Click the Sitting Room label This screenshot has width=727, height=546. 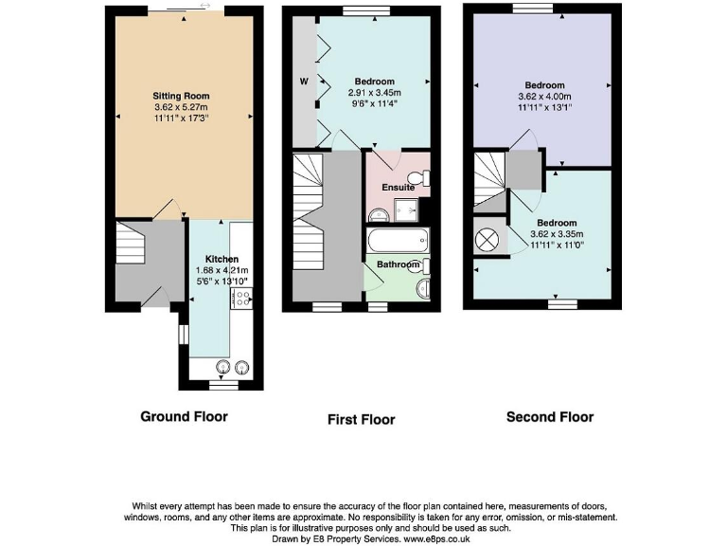tap(181, 96)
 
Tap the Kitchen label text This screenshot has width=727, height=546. tap(222, 259)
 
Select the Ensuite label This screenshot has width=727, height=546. tap(398, 188)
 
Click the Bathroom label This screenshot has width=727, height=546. tap(393, 264)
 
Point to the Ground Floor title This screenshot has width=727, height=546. tap(184, 416)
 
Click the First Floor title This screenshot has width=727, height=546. tap(361, 419)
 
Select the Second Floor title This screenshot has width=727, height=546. tap(549, 416)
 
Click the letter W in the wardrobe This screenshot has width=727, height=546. tap(304, 82)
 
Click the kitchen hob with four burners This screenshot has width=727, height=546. tap(239, 299)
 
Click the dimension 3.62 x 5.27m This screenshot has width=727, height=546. tap(181, 107)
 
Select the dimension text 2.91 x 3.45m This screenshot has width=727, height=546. tap(374, 93)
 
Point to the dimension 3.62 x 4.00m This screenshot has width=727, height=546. tap(544, 97)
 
